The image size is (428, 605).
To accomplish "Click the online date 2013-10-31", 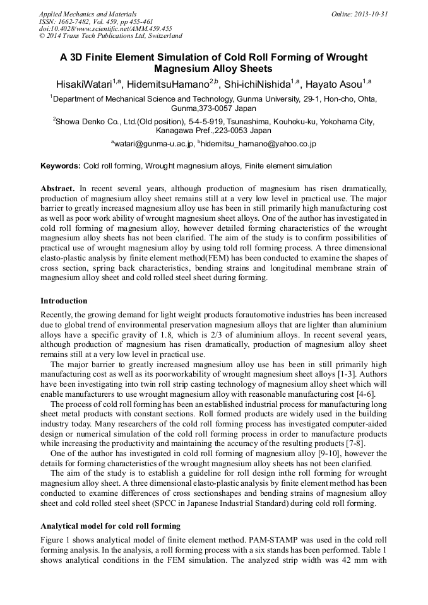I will (370, 13).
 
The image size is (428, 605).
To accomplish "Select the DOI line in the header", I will (105, 28).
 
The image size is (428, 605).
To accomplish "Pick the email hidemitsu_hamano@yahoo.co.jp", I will (258, 144).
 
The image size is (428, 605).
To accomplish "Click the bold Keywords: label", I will (61, 166).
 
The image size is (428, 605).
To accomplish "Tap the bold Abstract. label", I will (58, 189).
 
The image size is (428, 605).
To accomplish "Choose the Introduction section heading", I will (64, 301).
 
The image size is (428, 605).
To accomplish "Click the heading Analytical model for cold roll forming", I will (110, 526).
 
